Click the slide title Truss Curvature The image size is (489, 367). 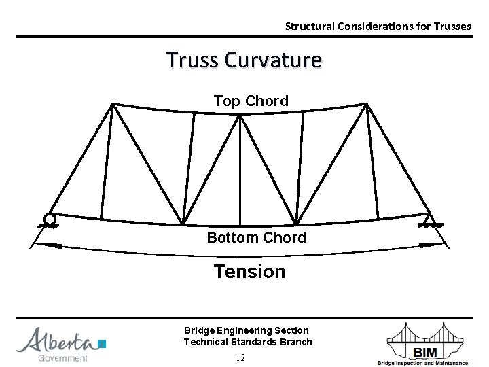244,60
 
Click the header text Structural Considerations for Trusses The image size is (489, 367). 378,27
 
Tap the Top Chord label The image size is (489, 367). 251,101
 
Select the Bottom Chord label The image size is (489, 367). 256,237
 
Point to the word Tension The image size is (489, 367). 249,271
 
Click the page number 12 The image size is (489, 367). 240,357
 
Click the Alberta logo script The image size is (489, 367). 57,340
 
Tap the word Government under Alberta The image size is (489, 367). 62,358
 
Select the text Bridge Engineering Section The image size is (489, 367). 246,330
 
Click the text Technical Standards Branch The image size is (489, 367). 248,342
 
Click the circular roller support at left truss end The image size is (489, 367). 49,219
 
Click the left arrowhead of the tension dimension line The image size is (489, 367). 38,244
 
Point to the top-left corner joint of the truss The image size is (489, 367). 113,104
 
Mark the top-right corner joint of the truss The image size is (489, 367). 366,104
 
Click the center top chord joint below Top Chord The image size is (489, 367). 240,116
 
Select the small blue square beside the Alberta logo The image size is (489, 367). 102,343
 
